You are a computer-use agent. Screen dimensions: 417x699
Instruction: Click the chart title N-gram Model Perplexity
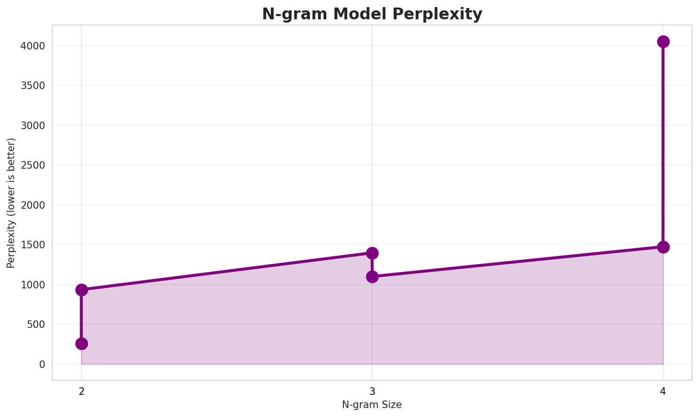point(372,14)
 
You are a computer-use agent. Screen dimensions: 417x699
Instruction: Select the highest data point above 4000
point(663,41)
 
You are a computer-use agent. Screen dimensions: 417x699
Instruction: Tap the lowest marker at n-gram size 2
point(81,343)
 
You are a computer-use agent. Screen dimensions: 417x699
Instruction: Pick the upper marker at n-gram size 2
point(81,290)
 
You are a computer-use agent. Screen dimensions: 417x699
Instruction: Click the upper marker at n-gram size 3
point(372,253)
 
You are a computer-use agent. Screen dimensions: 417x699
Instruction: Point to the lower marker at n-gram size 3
point(372,277)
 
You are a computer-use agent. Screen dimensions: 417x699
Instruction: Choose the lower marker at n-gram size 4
point(663,247)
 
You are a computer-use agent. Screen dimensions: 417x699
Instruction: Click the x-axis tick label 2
point(81,391)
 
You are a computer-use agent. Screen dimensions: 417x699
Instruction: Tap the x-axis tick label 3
point(372,391)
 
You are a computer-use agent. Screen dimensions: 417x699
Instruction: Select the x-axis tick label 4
point(663,391)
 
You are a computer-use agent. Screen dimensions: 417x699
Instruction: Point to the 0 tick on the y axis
point(42,364)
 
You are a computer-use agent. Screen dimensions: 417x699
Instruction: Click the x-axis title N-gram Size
point(372,405)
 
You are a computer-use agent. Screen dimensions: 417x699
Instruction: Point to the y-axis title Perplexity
point(11,203)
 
